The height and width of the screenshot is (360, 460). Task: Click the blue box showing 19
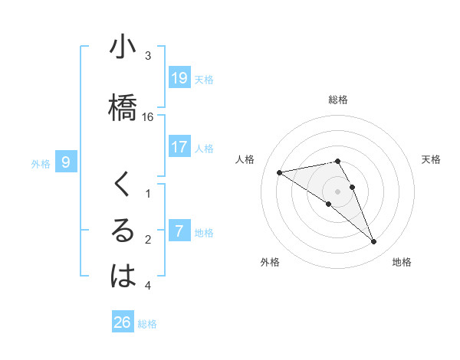179,78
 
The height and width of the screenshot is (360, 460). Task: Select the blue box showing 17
179,148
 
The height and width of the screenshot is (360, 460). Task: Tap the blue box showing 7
179,231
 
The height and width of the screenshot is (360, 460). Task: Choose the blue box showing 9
66,162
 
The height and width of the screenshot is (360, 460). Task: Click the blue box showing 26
123,322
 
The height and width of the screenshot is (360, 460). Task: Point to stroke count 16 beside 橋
148,117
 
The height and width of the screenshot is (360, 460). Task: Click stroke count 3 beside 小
148,56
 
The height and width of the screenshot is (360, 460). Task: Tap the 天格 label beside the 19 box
204,80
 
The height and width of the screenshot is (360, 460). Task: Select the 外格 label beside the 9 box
41,163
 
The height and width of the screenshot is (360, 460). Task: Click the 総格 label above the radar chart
338,100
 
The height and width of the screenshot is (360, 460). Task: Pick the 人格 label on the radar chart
245,159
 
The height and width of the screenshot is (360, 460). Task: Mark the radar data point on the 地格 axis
374,242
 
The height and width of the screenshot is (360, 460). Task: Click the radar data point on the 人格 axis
279,172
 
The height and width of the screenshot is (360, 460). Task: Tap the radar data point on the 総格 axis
338,161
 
